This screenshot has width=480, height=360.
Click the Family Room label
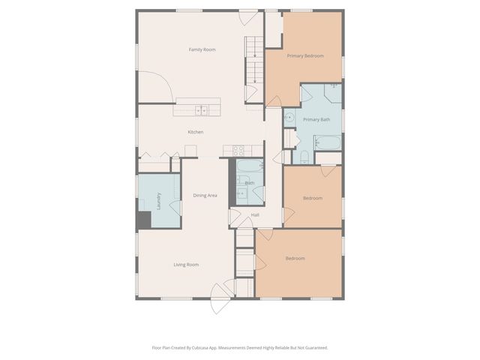tap(202, 49)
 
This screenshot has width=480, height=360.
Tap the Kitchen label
tap(195, 132)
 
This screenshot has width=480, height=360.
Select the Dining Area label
tap(205, 195)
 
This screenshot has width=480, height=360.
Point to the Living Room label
tap(186, 265)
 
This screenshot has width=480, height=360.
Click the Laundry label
tap(158, 201)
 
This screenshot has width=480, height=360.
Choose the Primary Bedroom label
tap(305, 55)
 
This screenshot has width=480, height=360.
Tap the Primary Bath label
tap(316, 119)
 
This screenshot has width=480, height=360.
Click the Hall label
tap(255, 215)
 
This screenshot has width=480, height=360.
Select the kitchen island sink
tap(202, 110)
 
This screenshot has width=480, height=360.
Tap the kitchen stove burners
tap(238, 150)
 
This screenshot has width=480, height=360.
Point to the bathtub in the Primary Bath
tap(328, 142)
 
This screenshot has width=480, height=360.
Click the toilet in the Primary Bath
tap(304, 157)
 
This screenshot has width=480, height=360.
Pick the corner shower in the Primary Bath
tap(333, 93)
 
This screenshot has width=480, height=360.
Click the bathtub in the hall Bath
tap(250, 166)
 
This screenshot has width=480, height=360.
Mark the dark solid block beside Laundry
tap(144, 220)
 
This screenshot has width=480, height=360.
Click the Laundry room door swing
tap(175, 208)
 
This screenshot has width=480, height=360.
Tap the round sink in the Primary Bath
tap(289, 117)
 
